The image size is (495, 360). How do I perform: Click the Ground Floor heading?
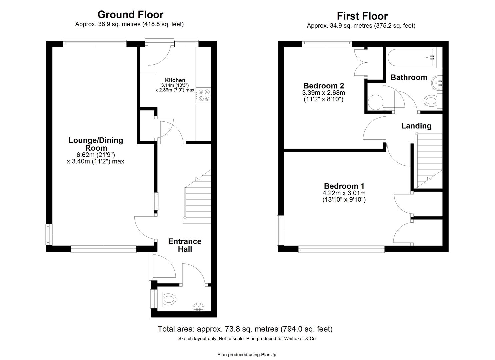tap(130, 15)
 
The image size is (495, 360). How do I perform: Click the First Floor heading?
tap(362, 16)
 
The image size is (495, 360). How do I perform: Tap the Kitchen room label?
tap(175, 80)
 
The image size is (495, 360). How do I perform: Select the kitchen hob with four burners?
tap(203, 95)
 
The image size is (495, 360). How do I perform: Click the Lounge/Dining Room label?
tap(96, 144)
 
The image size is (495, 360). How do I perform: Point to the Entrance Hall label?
tap(185, 245)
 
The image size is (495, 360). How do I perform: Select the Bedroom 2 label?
tap(323, 86)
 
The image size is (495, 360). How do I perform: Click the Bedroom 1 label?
tap(344, 186)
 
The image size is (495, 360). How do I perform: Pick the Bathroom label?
tap(409, 77)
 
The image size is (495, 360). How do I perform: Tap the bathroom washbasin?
tap(437, 82)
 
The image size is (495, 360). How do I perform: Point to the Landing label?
tap(416, 126)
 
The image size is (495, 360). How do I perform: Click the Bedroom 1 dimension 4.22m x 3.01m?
tap(344, 193)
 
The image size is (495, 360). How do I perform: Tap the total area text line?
tap(245, 329)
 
